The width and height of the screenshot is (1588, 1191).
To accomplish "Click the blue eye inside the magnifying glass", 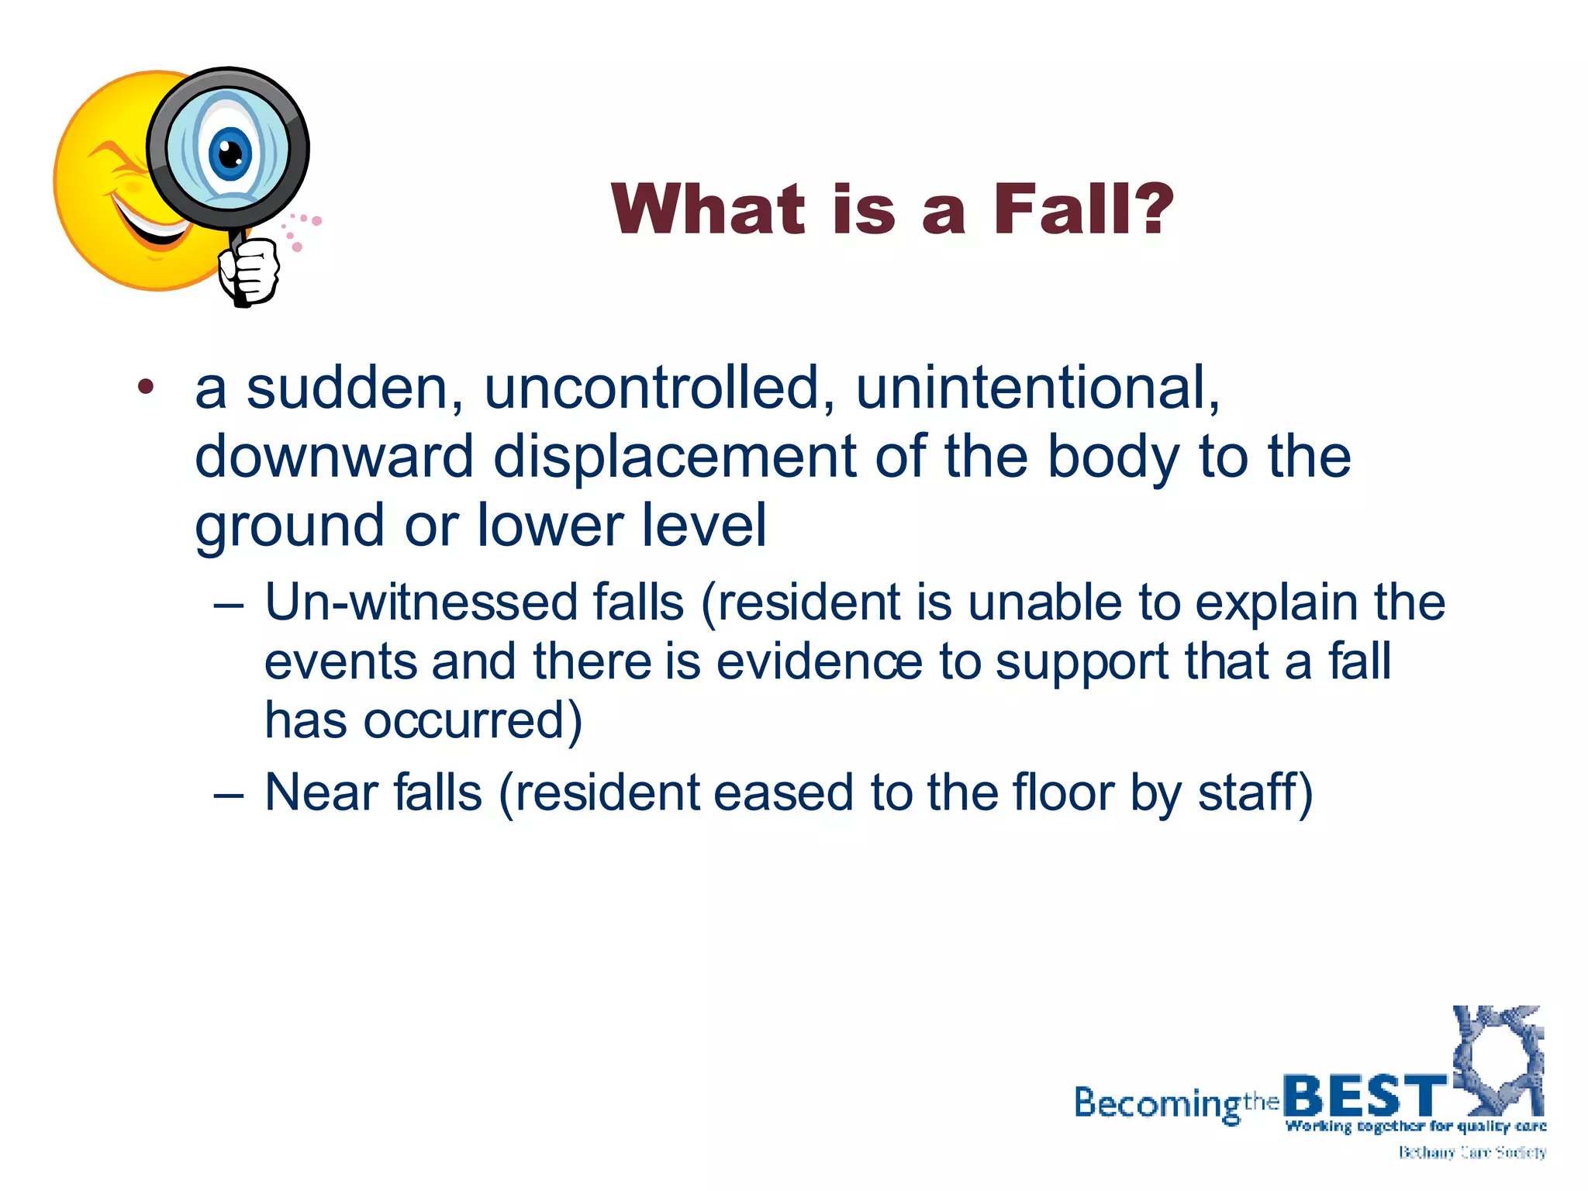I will click(x=230, y=152).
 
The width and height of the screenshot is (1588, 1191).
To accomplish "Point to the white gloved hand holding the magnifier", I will click(x=250, y=271).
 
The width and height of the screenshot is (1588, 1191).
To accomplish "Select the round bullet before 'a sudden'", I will click(x=146, y=387).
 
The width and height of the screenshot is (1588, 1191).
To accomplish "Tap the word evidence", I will click(x=819, y=661).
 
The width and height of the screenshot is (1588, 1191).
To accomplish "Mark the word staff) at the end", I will click(x=1255, y=792).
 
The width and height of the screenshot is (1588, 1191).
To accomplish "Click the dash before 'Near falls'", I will click(x=229, y=794).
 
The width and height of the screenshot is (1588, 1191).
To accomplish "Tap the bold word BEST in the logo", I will click(x=1365, y=1096).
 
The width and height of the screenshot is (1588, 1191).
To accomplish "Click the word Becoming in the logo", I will click(x=1158, y=1103).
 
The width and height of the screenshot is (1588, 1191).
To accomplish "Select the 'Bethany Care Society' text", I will click(x=1472, y=1153).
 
